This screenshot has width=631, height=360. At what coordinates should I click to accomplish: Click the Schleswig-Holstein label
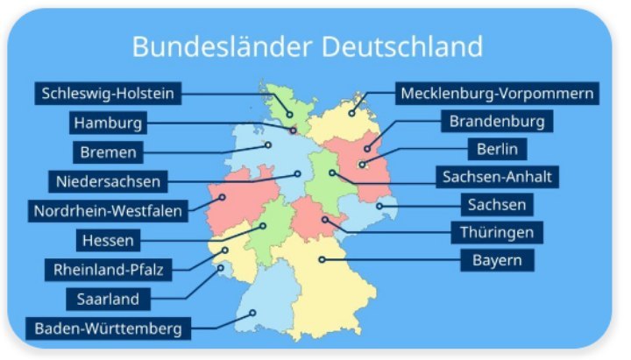click(108, 93)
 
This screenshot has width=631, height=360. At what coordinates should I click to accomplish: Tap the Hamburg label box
click(108, 123)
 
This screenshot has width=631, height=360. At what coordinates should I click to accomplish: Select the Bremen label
click(108, 152)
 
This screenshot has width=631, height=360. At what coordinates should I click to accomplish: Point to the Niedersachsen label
click(108, 182)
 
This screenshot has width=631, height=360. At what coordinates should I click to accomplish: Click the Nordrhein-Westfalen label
click(108, 211)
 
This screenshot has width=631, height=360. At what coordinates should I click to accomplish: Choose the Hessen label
click(108, 240)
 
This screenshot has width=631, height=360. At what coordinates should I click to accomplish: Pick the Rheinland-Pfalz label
click(108, 269)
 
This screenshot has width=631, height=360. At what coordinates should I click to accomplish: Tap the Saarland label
click(108, 300)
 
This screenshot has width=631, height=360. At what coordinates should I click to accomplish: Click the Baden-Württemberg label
click(108, 329)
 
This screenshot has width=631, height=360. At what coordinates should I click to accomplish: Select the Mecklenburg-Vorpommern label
click(498, 93)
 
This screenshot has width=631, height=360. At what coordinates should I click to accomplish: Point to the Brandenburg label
click(497, 121)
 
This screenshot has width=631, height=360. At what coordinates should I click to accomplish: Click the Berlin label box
click(497, 149)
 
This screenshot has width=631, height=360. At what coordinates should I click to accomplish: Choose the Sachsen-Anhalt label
click(497, 177)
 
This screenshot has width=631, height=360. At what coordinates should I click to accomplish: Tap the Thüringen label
click(497, 232)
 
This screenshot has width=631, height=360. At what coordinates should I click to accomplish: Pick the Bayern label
click(497, 260)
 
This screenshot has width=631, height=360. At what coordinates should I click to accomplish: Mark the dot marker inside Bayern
click(322, 258)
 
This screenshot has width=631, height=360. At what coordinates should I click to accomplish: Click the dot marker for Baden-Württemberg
click(252, 312)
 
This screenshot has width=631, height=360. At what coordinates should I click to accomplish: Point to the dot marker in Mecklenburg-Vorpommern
click(351, 113)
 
